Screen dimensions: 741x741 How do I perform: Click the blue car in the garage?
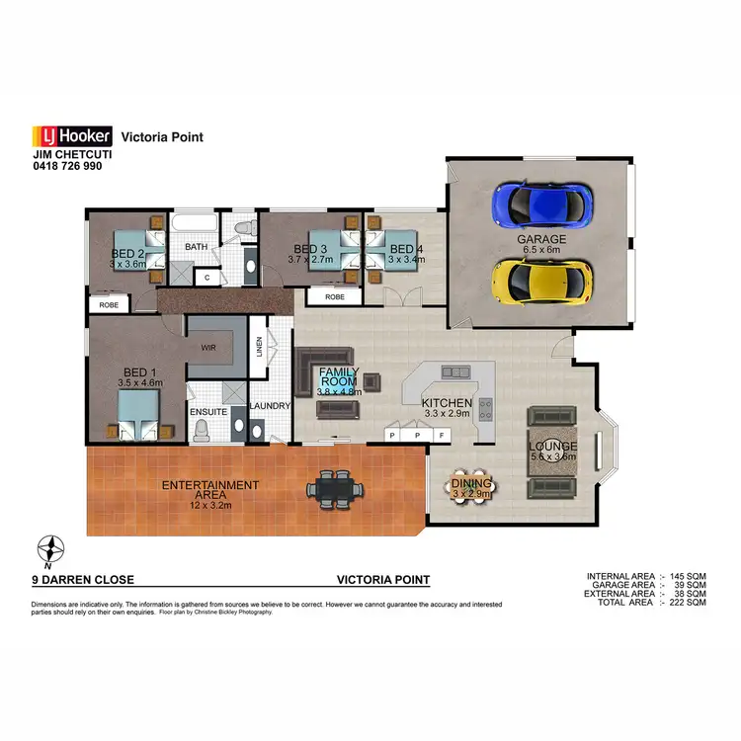tap(541, 206)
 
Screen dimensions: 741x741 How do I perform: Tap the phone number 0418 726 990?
tap(67, 167)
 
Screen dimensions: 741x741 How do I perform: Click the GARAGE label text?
tap(541, 240)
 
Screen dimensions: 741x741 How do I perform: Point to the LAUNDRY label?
tap(269, 405)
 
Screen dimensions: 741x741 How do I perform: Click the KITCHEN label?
tap(446, 403)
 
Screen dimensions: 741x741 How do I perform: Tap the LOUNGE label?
tap(553, 447)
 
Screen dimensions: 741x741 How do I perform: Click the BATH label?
tap(196, 247)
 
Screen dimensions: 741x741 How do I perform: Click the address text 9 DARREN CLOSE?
tap(83, 581)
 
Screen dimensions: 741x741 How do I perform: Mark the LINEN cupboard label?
tap(259, 349)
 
